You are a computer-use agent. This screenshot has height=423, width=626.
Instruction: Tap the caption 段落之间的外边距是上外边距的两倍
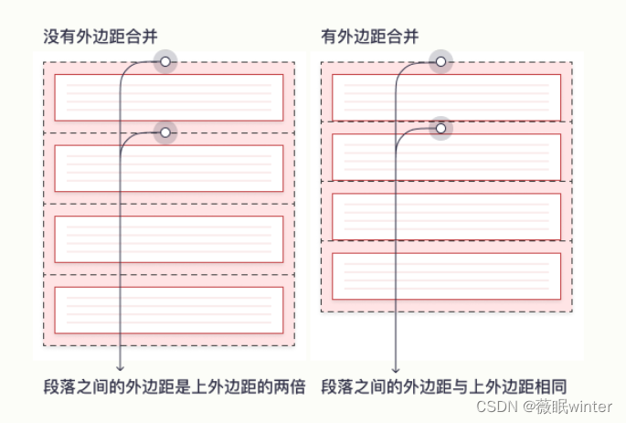click(175, 386)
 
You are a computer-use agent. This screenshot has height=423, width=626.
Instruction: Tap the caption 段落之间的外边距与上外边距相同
click(450, 386)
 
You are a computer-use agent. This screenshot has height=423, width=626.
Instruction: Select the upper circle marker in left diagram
click(164, 61)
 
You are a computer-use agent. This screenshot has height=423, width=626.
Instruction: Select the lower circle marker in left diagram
click(164, 132)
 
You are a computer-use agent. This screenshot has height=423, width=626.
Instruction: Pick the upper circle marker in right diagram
click(440, 61)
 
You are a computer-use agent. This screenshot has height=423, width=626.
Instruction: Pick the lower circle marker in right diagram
click(440, 129)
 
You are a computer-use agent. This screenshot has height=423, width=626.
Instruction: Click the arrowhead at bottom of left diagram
click(121, 366)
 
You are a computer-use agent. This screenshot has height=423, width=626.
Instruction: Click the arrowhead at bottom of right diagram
click(396, 366)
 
